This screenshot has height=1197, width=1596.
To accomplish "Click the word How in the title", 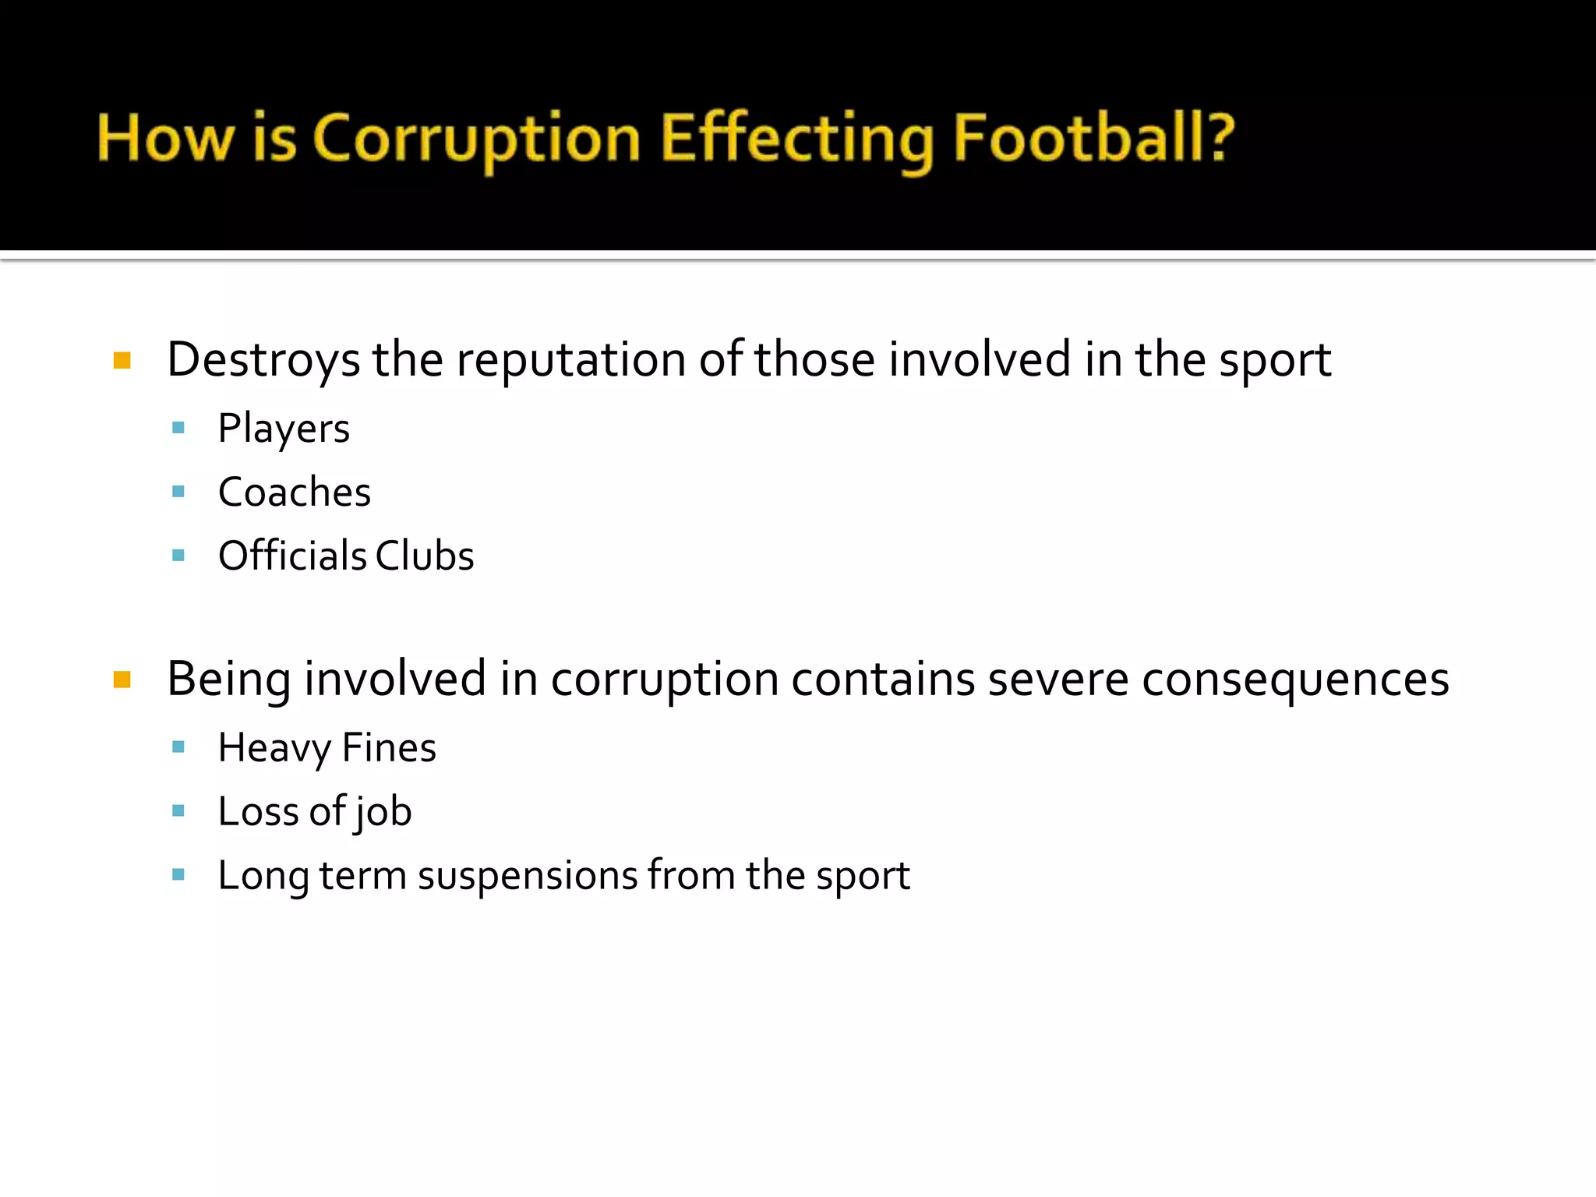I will tap(165, 139).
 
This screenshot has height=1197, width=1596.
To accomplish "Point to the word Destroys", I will tap(263, 360).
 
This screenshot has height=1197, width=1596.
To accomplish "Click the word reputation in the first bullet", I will tap(570, 360).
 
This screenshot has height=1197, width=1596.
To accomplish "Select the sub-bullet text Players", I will tap(284, 429).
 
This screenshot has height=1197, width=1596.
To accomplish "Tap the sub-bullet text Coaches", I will tap(295, 493).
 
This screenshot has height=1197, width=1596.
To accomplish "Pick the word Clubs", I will tap(425, 556).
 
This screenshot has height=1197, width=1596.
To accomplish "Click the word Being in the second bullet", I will tap(228, 679).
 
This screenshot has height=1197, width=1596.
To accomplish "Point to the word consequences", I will tap(1295, 680).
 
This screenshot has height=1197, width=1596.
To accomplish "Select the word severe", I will tap(1058, 679).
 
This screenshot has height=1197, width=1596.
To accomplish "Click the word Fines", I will tap(389, 748).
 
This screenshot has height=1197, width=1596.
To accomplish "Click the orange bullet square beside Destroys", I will tap(122, 360).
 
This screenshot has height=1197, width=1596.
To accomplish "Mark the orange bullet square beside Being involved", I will tap(122, 680).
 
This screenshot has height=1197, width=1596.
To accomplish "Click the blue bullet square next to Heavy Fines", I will tap(178, 747).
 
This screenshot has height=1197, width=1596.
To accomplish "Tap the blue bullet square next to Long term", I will tap(178, 874).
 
